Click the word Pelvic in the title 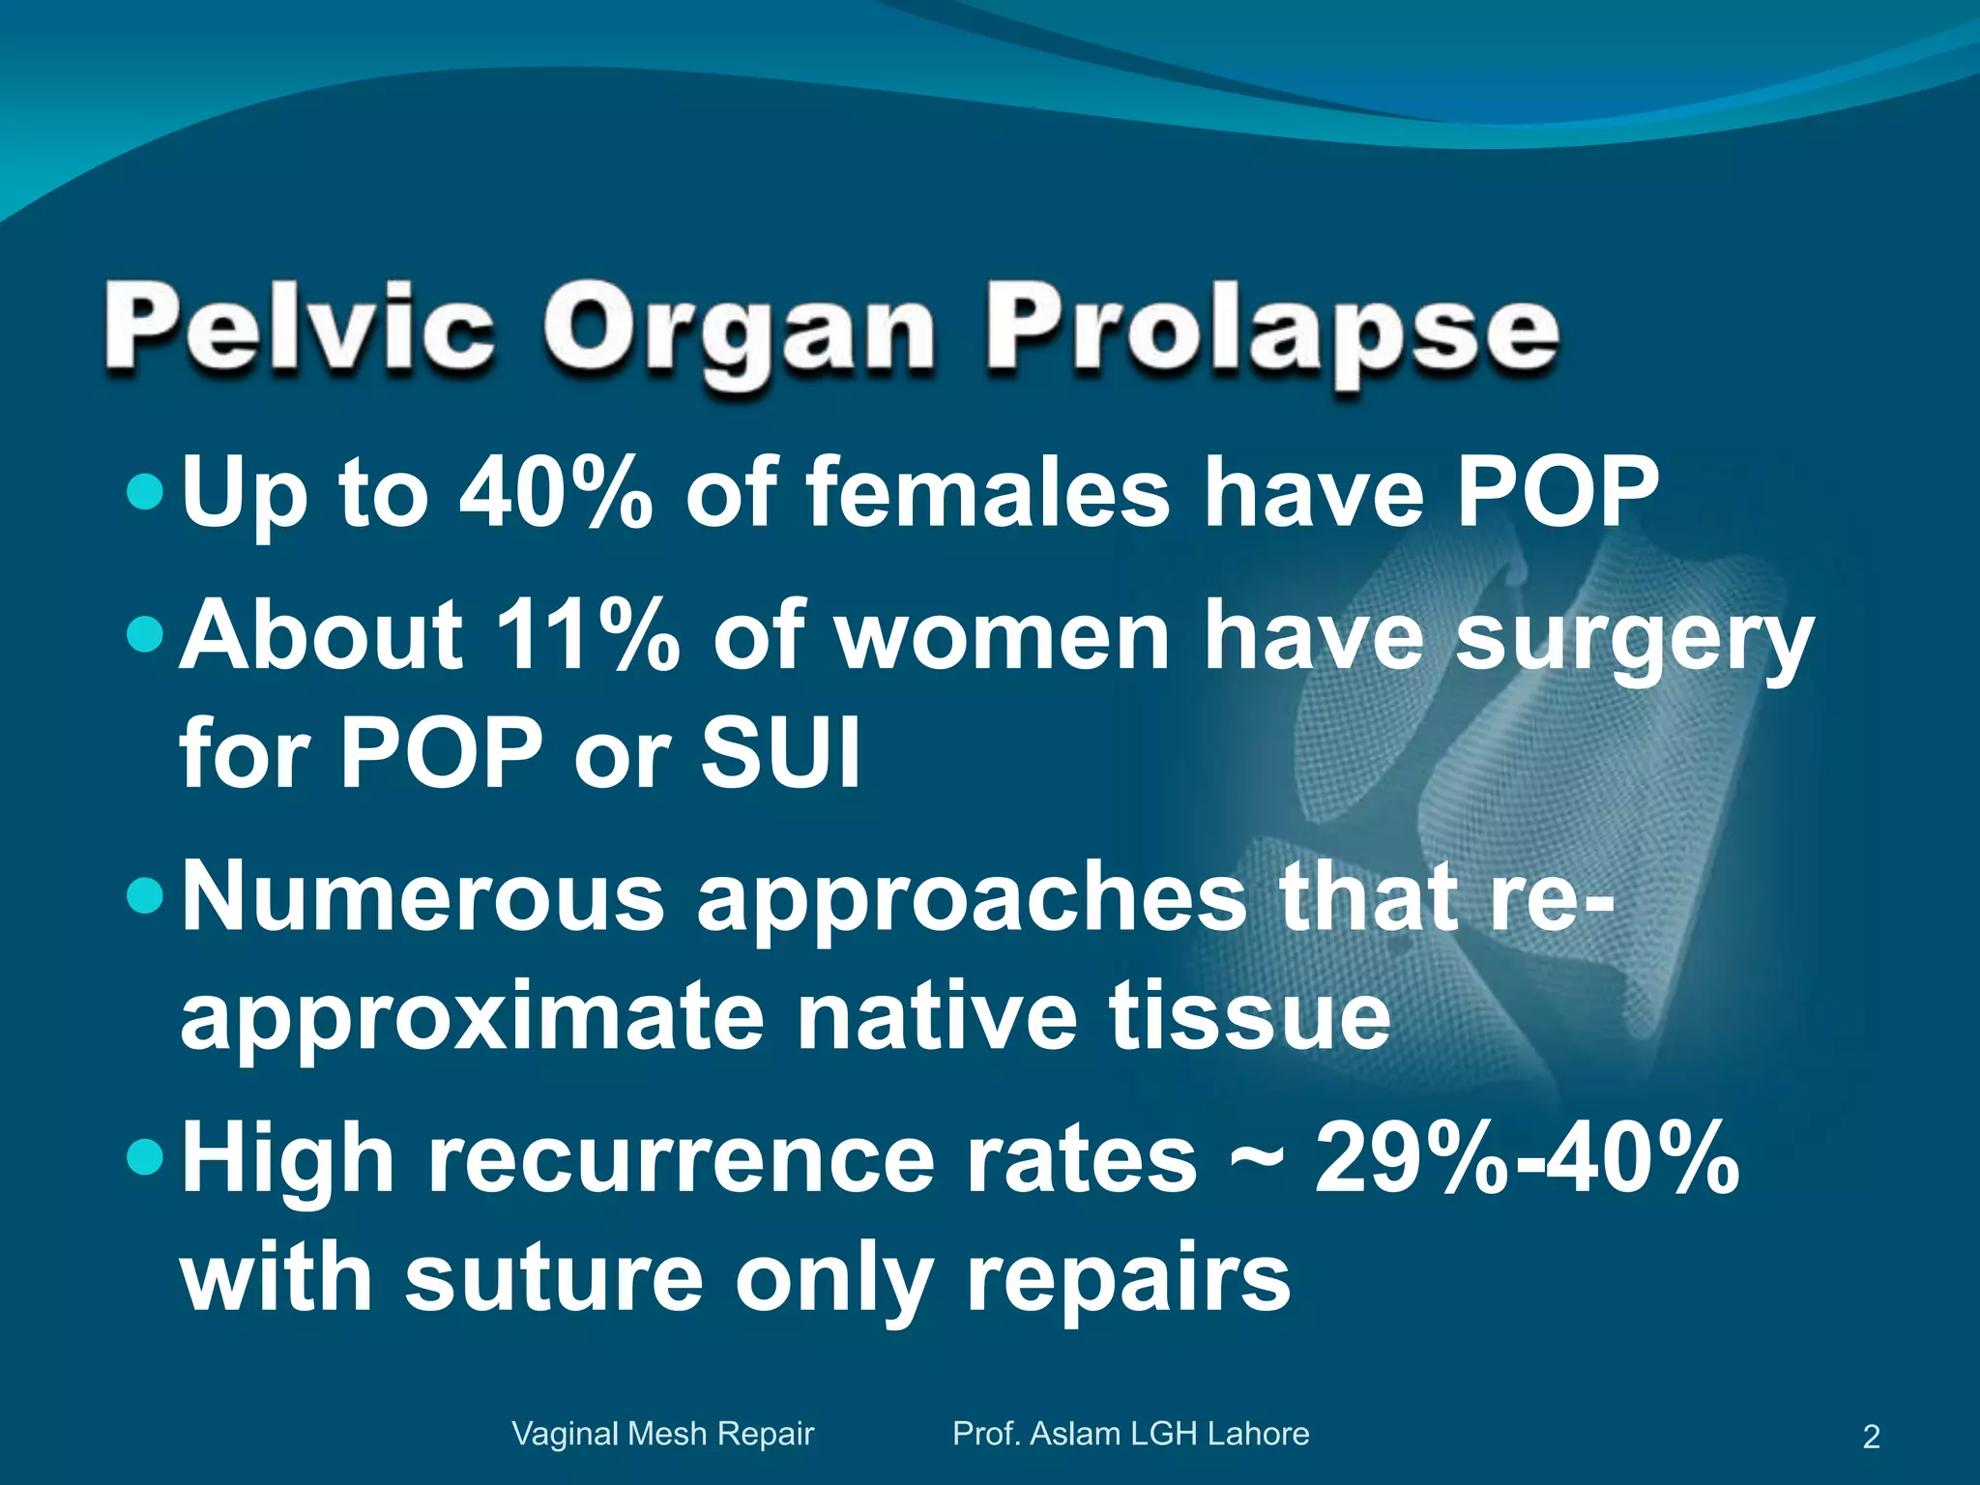point(300,328)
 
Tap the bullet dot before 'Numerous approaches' point(147,896)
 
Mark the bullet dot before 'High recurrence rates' point(147,1157)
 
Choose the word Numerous point(423,896)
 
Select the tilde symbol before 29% point(1256,1159)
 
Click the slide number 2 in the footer point(1871,1437)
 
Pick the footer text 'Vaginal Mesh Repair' point(663,1434)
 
